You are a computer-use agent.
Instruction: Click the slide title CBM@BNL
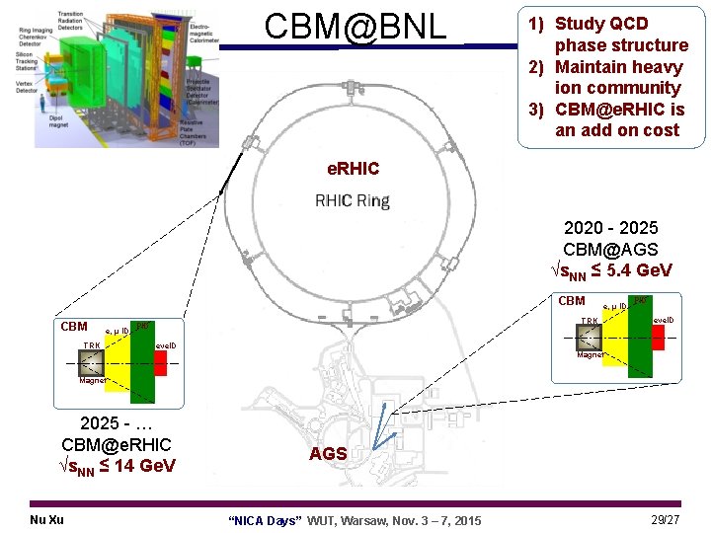[355, 28]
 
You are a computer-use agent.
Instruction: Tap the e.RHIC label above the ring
[353, 169]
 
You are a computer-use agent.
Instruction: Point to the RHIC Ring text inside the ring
[353, 201]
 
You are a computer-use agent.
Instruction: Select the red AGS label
[328, 454]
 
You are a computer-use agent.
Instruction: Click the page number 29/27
[666, 519]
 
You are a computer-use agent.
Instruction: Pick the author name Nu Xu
[47, 519]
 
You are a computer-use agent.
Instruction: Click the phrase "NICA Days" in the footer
[265, 520]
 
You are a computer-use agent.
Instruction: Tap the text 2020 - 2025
[610, 228]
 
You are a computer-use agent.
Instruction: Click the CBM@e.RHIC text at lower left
[117, 444]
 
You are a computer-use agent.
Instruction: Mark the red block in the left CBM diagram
[160, 362]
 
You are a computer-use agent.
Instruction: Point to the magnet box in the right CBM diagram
[590, 338]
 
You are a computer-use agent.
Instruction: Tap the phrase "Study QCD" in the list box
[601, 24]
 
